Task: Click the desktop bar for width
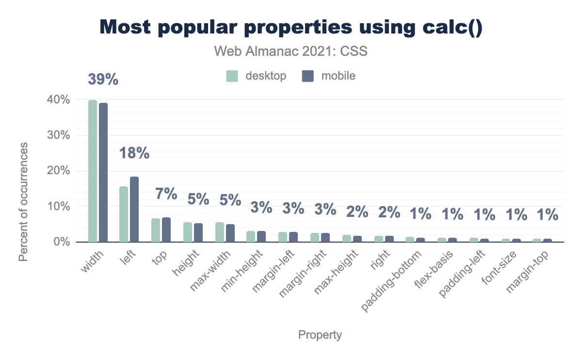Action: (93, 171)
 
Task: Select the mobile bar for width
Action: (103, 172)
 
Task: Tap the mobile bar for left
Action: (134, 209)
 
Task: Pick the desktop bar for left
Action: (124, 214)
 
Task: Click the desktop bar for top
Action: (156, 230)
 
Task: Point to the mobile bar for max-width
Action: (230, 233)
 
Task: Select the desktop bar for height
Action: (188, 232)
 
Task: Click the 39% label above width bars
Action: (103, 79)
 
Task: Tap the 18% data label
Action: (134, 154)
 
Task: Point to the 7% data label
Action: (166, 194)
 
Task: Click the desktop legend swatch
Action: (232, 76)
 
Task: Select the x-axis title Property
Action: (320, 335)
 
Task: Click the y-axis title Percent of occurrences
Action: (23, 201)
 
